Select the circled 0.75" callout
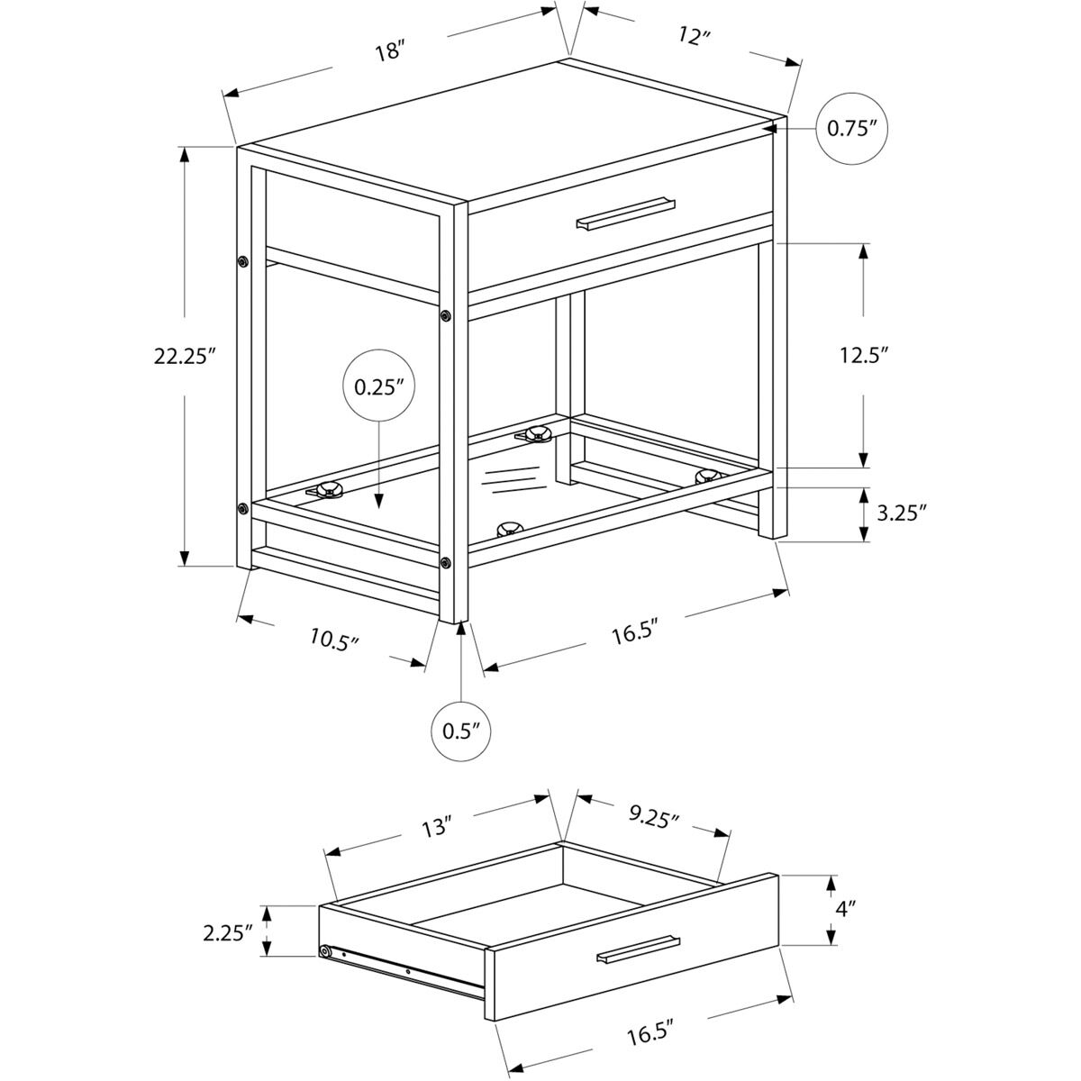852,128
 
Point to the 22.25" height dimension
186,356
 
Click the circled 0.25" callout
378,388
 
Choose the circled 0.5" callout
461,730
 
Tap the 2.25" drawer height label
225,932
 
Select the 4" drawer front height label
843,909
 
